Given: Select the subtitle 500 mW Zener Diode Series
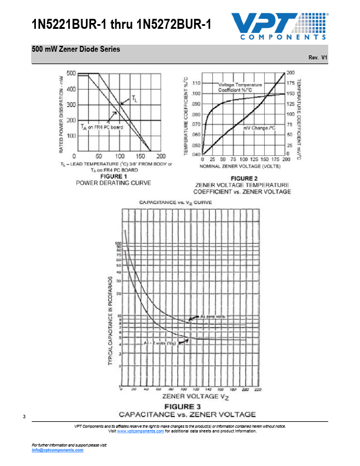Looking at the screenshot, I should tap(76, 49).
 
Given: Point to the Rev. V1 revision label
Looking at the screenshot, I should tap(318, 58).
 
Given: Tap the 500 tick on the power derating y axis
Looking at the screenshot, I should tap(71, 74).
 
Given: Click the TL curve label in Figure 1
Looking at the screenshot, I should tap(135, 98).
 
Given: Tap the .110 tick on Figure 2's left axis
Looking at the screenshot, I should tap(196, 83).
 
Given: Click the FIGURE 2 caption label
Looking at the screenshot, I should tap(244, 178).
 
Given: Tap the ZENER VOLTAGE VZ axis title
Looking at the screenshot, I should tap(183, 398).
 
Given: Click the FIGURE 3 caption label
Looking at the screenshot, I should tap(183, 407).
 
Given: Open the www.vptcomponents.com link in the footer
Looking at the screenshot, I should tap(141, 431).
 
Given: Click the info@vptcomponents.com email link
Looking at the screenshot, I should tap(58, 450).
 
